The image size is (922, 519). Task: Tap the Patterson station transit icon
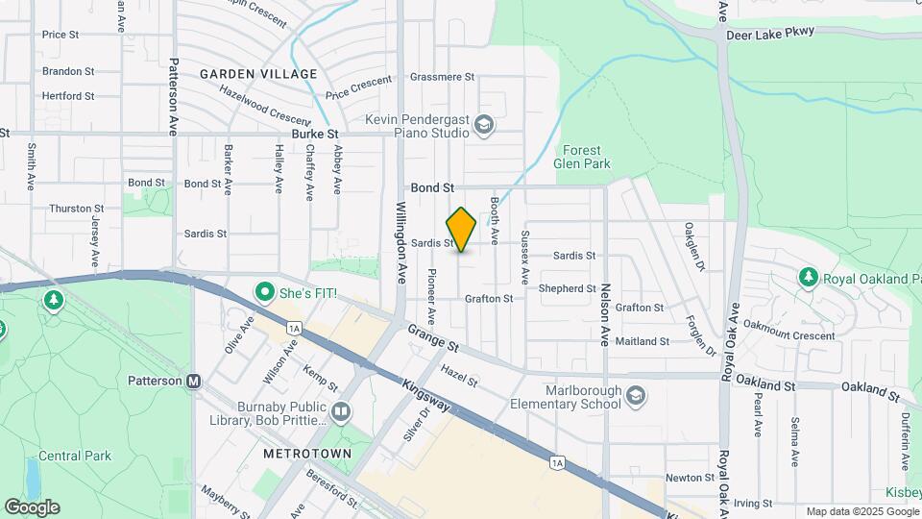click(194, 381)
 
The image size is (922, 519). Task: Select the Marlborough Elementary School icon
click(636, 396)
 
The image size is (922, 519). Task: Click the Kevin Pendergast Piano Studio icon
click(485, 124)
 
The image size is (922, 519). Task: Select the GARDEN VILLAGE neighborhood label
click(258, 74)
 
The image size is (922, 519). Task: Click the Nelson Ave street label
click(606, 313)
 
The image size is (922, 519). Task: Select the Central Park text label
click(75, 456)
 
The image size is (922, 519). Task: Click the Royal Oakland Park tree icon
click(808, 278)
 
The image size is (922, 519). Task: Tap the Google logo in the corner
click(32, 507)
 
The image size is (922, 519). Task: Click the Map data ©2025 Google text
click(861, 511)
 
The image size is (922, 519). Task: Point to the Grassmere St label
click(442, 76)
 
